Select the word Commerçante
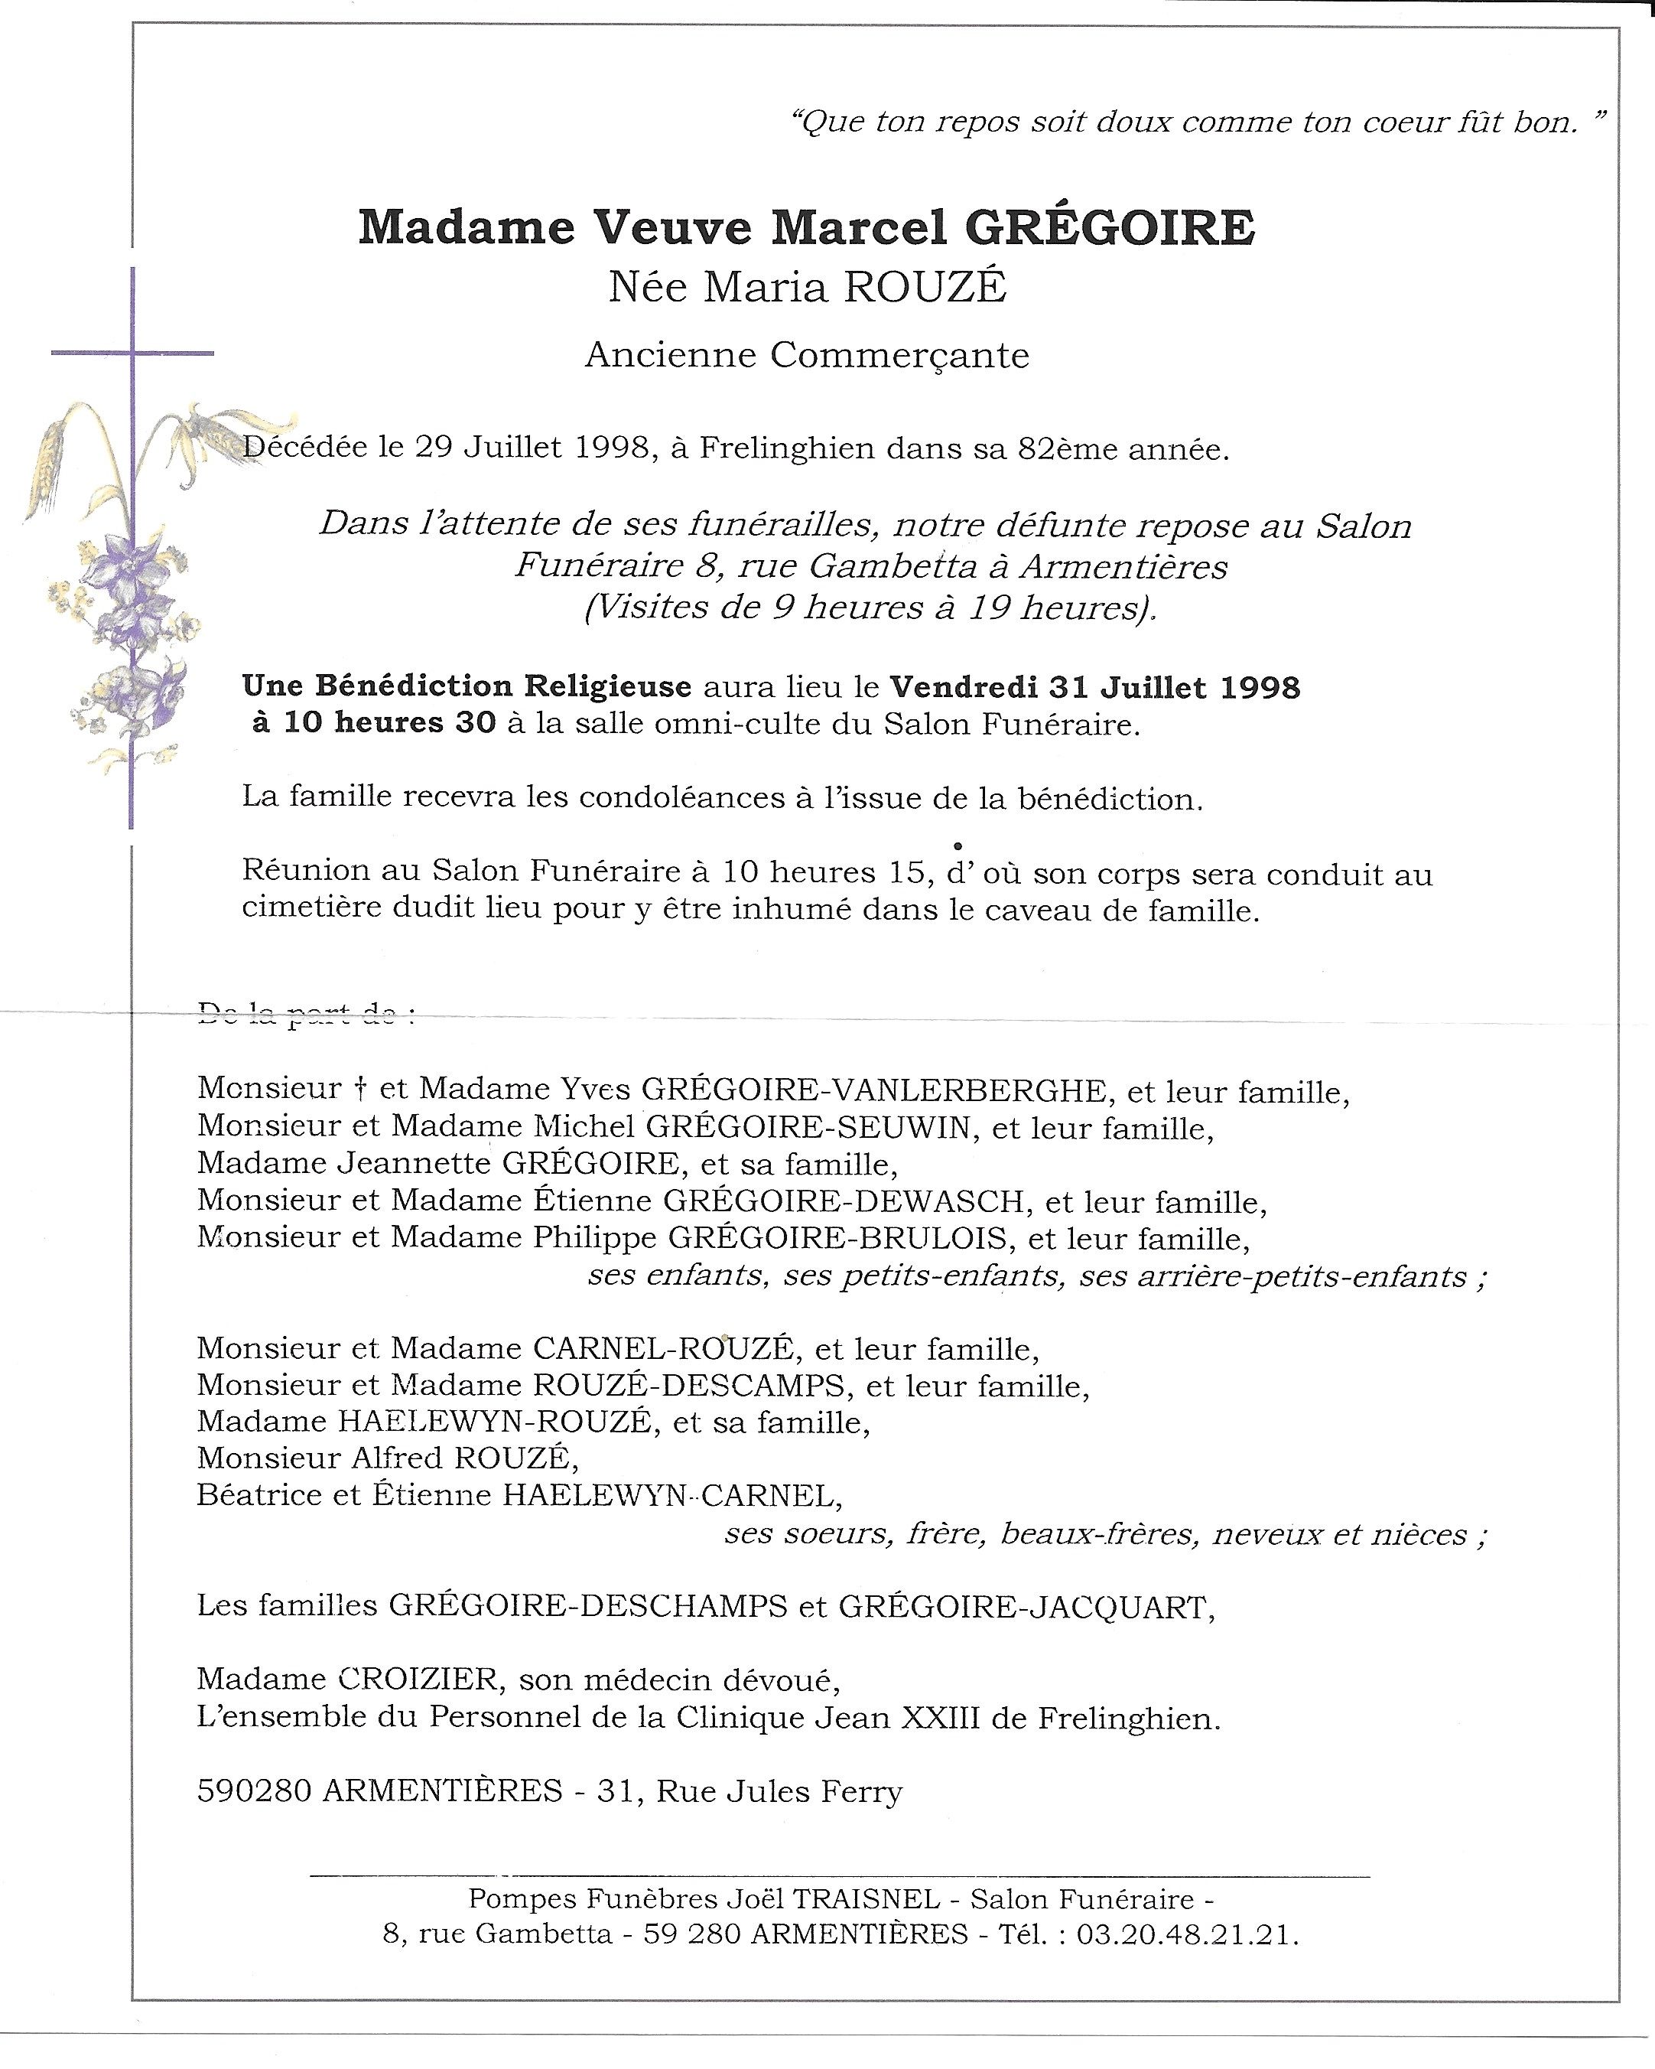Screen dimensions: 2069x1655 coord(901,356)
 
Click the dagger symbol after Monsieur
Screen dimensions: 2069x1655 coord(361,1089)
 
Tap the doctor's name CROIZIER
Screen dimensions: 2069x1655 coord(418,1680)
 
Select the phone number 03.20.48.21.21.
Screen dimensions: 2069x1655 coord(1187,1934)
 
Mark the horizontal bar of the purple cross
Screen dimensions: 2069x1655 coord(132,354)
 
